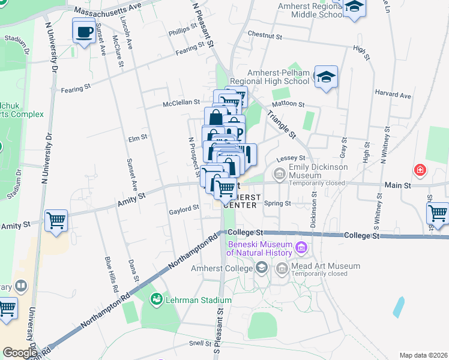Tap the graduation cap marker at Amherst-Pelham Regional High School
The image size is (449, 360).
(x=327, y=77)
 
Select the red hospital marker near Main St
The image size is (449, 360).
(x=420, y=170)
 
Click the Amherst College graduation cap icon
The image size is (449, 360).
(x=261, y=267)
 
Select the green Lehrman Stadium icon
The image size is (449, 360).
(x=157, y=298)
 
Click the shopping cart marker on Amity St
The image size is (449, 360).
(x=56, y=220)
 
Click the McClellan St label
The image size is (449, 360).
(x=182, y=103)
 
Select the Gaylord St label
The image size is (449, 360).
(x=184, y=208)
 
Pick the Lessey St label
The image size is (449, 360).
(x=291, y=158)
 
